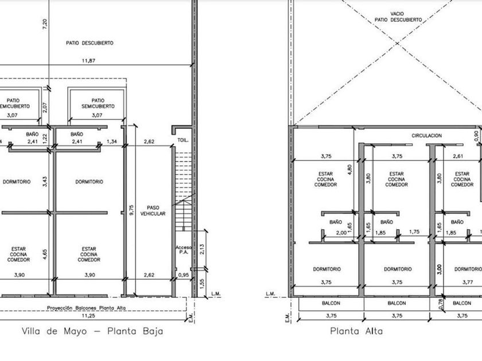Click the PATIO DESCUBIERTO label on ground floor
point(90,43)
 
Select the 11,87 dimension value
point(88,61)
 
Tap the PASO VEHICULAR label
point(153,211)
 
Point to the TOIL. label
point(182,140)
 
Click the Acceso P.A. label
point(184,250)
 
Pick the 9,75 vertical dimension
point(131,210)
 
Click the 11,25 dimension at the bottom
point(88,316)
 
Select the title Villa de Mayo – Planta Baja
point(92,331)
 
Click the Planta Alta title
point(356,331)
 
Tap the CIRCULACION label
point(427,135)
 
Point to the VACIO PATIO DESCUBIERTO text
point(398,17)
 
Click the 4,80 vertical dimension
point(349,170)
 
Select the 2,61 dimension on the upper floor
point(458,156)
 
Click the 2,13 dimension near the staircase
point(202,249)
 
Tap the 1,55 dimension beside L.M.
point(202,284)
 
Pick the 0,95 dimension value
point(184,275)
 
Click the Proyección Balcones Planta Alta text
point(87,308)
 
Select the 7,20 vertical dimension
point(45,24)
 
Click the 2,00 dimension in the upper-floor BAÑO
point(341,233)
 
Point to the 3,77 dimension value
point(468,282)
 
